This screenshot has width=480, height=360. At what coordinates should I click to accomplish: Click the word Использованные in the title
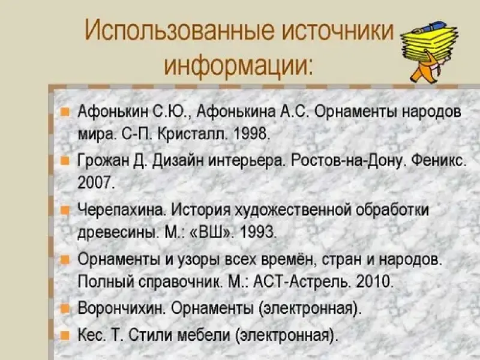179,31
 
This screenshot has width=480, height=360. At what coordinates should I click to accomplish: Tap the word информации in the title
238,65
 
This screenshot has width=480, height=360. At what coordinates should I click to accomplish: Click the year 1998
251,133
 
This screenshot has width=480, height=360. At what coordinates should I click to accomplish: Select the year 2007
96,183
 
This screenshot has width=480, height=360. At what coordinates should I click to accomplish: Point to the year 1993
258,233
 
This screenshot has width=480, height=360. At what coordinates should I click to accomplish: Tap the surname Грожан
103,160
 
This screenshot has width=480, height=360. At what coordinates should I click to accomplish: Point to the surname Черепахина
122,210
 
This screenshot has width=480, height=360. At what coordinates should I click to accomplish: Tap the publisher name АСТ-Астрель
302,281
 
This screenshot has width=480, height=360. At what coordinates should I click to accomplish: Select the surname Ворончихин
122,308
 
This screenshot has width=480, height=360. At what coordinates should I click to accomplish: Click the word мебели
204,335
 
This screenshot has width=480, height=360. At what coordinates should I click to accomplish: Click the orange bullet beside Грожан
65,160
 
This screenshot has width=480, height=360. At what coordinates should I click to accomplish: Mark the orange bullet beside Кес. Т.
65,335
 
